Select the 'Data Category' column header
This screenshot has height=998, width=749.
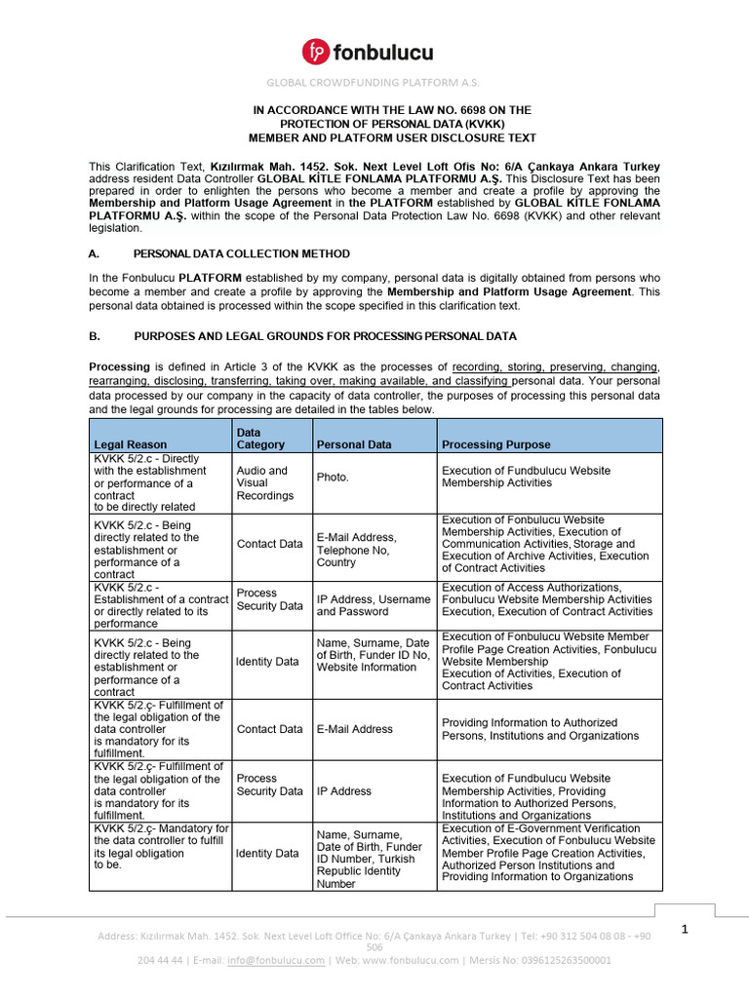click(x=260, y=438)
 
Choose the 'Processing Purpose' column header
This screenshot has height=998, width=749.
click(x=495, y=444)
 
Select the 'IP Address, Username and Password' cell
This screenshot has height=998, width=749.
click(x=373, y=605)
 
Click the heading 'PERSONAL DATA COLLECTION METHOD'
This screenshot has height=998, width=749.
click(x=241, y=253)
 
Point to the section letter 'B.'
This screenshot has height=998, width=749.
click(x=95, y=336)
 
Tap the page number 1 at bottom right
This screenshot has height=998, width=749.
click(x=686, y=930)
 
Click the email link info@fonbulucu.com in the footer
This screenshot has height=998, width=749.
click(x=276, y=960)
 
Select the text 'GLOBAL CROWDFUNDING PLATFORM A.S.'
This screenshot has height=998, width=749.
click(x=374, y=83)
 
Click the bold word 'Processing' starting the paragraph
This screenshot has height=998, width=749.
click(x=119, y=366)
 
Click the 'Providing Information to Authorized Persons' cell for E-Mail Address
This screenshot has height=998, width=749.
click(x=540, y=729)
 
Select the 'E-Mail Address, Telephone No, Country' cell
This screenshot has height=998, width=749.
click(x=357, y=550)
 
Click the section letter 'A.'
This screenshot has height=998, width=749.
click(x=95, y=253)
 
